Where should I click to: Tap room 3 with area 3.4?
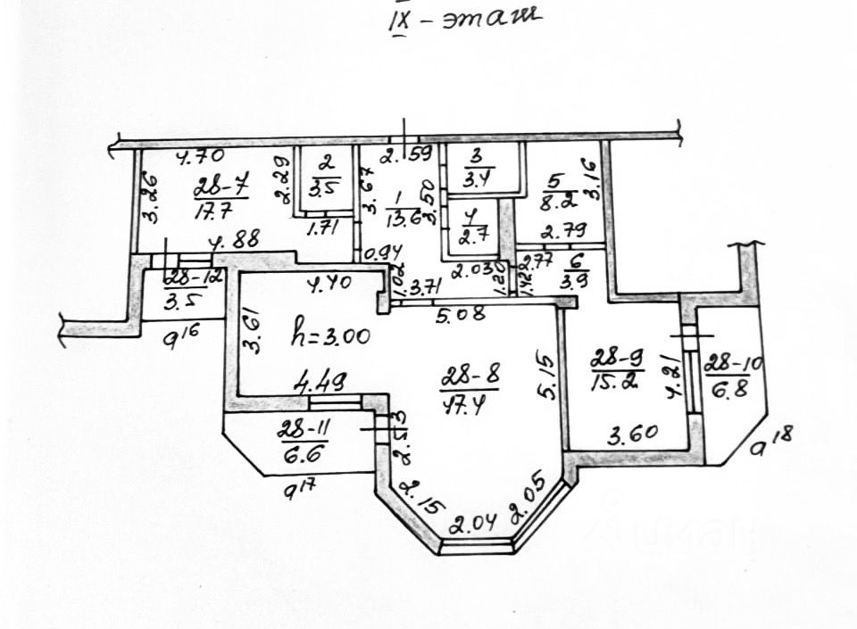pos(477,168)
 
